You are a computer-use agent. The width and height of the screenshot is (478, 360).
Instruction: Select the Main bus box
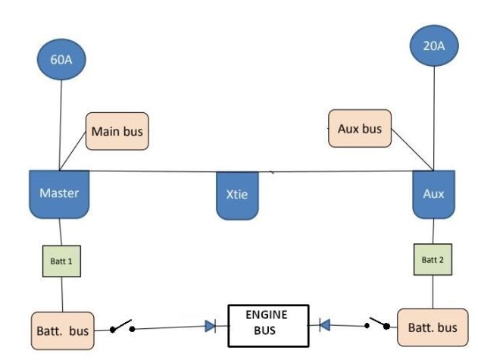[117, 131]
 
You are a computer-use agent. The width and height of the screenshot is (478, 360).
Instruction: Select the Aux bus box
[359, 129]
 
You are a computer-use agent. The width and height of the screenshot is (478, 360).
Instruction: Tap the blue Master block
[59, 194]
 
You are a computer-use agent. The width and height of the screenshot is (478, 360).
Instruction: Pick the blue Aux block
[433, 194]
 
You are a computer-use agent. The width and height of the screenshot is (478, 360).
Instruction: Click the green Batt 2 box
[432, 259]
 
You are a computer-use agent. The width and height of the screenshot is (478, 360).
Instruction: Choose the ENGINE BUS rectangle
[268, 325]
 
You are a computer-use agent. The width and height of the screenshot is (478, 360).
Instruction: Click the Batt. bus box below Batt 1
[63, 331]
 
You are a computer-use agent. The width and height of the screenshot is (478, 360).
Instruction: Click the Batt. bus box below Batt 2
[432, 327]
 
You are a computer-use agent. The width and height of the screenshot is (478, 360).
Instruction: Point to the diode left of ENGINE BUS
[210, 327]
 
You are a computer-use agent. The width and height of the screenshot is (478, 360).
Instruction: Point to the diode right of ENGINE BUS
[324, 325]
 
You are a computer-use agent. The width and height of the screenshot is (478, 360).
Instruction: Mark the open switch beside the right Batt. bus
[379, 323]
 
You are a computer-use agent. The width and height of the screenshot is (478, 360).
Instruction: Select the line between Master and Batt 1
[61, 232]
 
